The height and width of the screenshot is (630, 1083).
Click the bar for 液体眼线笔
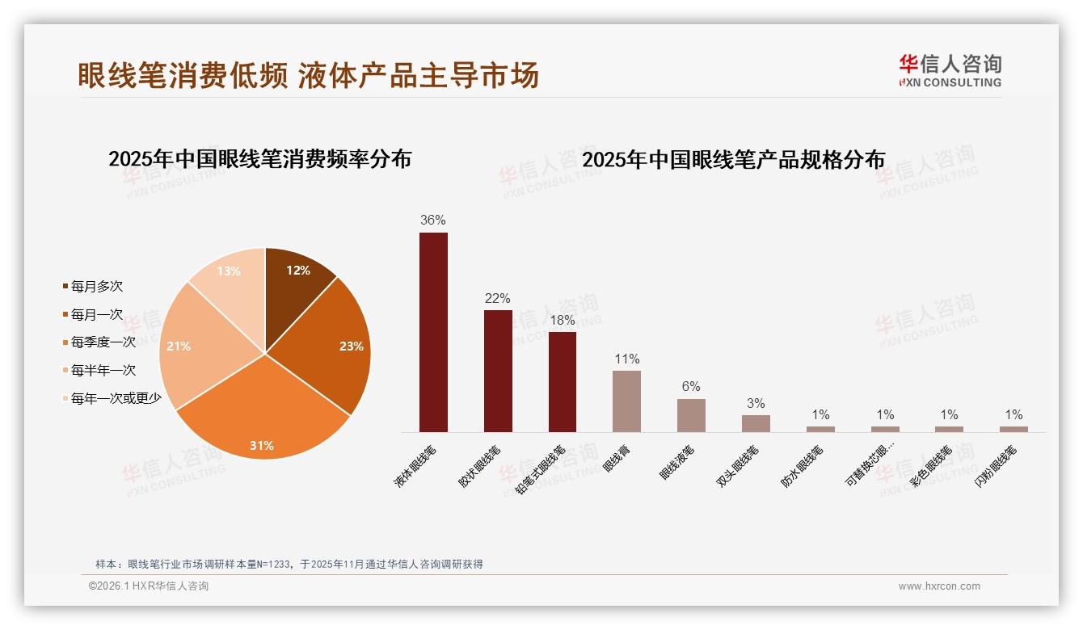click(x=433, y=332)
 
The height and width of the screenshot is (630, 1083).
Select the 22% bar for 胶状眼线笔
click(x=498, y=371)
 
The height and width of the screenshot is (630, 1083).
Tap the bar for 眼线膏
click(x=626, y=401)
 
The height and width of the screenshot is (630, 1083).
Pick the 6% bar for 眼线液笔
click(x=691, y=415)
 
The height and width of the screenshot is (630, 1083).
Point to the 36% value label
click(x=433, y=220)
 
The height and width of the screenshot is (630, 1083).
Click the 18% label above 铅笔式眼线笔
click(x=562, y=320)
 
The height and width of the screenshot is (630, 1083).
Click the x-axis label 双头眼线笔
click(x=738, y=467)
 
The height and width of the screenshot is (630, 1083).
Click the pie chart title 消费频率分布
click(x=259, y=158)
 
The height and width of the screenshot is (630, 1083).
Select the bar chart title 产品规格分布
click(x=733, y=159)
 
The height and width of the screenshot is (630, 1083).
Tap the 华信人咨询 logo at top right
click(x=950, y=70)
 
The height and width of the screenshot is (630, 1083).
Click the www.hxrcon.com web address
click(x=939, y=586)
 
